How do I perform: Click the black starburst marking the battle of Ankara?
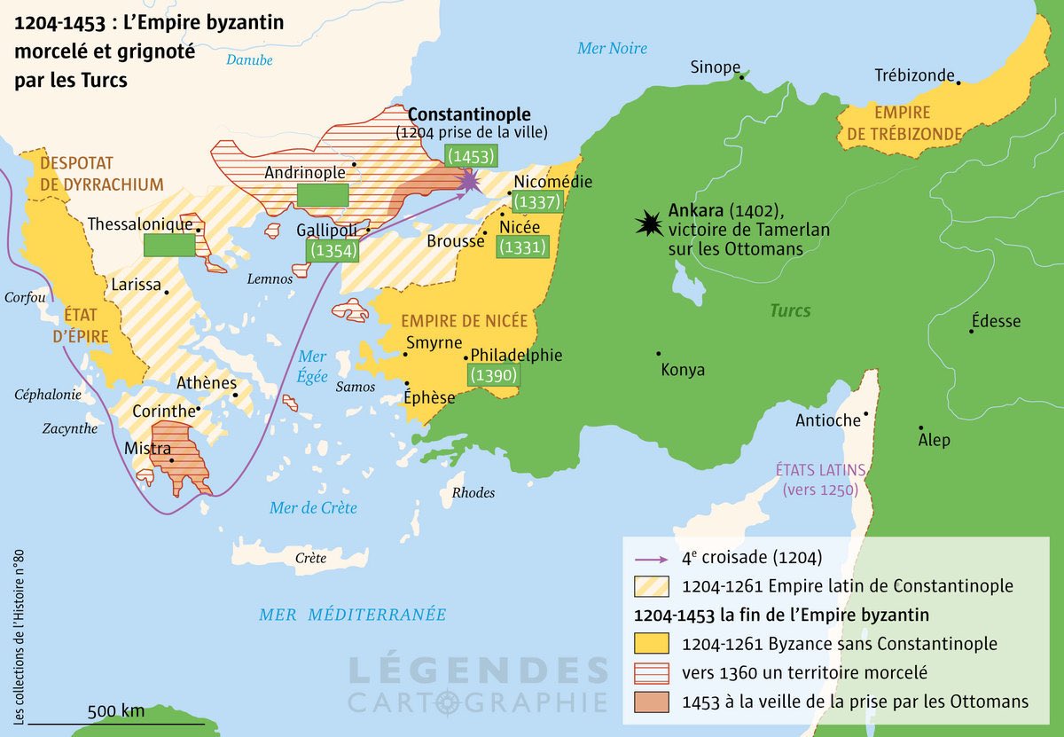649,224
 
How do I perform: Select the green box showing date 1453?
470,156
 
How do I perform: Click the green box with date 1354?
334,250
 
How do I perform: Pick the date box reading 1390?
492,375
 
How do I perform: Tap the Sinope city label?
716,67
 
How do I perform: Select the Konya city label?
683,370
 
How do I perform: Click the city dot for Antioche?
865,413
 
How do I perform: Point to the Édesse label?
996,321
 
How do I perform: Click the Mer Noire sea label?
612,49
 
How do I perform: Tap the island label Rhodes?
473,492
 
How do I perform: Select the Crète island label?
310,558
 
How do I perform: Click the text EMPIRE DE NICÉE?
464,321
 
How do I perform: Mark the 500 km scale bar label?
115,710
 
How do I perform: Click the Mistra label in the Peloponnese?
147,448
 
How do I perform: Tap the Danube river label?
249,60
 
